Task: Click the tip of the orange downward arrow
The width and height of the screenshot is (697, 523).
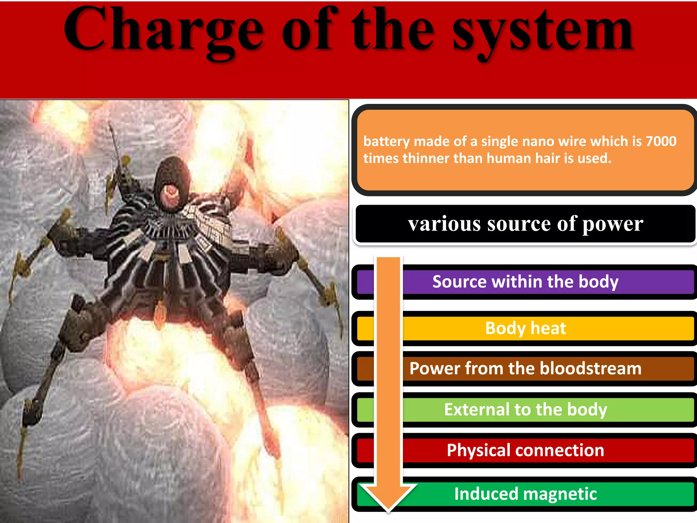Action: point(388,510)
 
